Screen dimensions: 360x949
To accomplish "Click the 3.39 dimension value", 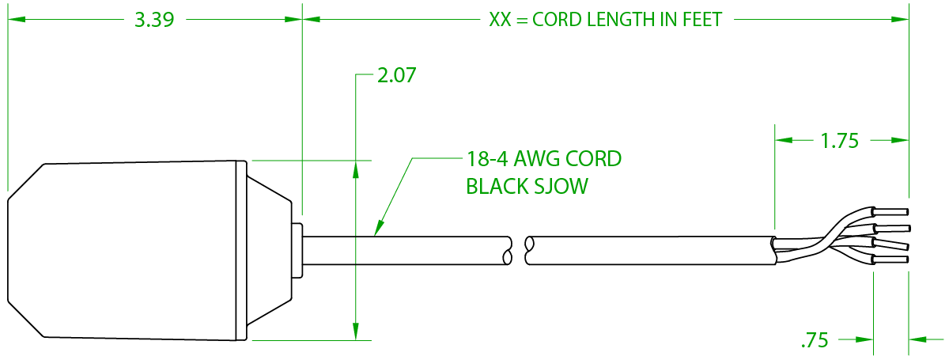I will (x=154, y=21).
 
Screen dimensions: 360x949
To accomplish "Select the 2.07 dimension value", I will (x=396, y=76).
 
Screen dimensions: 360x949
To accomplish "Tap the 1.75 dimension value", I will (x=840, y=142).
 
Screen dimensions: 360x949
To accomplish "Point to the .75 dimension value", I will (x=814, y=341).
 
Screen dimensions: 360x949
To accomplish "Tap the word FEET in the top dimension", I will (x=702, y=21).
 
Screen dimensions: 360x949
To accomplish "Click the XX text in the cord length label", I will (x=500, y=21).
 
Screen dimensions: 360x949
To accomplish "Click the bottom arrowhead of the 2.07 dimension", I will (x=356, y=332).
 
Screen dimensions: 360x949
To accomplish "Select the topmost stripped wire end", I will (x=891, y=211).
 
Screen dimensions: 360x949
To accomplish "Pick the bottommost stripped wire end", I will (x=891, y=260).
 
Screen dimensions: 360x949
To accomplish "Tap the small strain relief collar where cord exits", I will (x=297, y=249).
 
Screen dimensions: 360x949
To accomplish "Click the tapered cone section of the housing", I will (x=269, y=249).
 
